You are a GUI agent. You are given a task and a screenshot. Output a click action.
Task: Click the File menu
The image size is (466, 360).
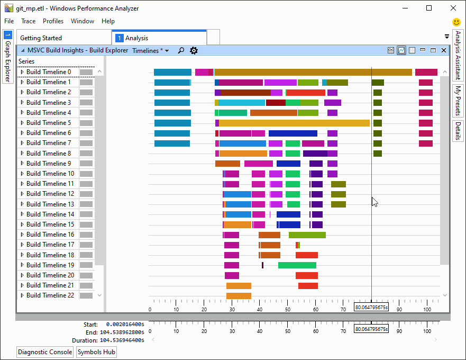pyautogui.click(x=8, y=21)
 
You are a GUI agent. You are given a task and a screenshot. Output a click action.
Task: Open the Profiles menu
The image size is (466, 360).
pyautogui.click(x=53, y=21)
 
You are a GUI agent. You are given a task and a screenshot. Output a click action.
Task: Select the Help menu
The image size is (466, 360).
pyautogui.click(x=108, y=21)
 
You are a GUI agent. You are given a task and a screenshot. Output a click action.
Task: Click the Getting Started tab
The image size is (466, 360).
pyautogui.click(x=41, y=38)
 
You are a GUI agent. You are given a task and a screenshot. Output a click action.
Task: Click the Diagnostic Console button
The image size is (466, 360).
pyautogui.click(x=45, y=352)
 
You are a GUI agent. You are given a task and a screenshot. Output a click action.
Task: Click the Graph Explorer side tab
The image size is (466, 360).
pyautogui.click(x=7, y=57)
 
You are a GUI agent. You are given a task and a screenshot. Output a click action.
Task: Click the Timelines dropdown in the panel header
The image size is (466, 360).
pyautogui.click(x=150, y=51)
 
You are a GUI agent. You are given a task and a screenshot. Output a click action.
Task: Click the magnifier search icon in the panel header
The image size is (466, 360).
pyautogui.click(x=181, y=51)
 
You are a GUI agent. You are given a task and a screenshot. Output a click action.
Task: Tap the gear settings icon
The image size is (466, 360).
pyautogui.click(x=194, y=51)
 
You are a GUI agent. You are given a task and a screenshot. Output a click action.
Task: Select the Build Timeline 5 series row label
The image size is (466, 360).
pyautogui.click(x=49, y=123)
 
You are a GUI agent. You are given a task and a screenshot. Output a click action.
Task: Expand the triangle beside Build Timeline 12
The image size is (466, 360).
pyautogui.click(x=22, y=194)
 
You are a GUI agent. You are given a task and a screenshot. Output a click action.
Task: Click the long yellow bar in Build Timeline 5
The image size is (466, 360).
pyautogui.click(x=294, y=123)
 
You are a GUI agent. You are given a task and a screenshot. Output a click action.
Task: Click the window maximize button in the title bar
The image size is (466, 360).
pyautogui.click(x=429, y=8)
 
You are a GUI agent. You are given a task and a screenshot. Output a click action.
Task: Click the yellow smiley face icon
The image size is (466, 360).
pyautogui.click(x=456, y=22)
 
